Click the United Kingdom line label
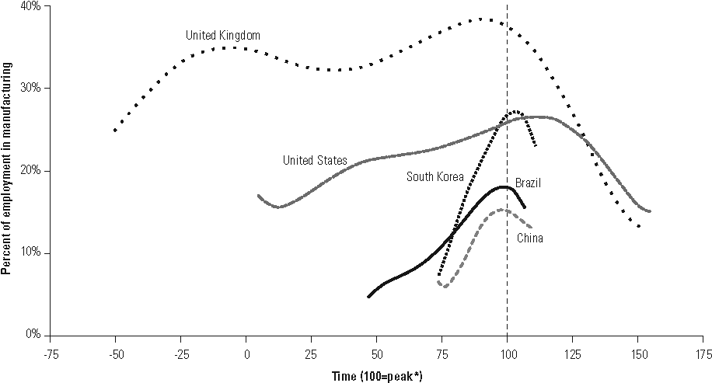coord(222,36)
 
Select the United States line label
coord(315,161)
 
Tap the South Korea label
coord(435,177)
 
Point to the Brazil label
coord(527,183)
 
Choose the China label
coord(530,239)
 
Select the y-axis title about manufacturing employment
coord(7,171)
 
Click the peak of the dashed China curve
coord(502,210)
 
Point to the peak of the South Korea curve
coord(516,111)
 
